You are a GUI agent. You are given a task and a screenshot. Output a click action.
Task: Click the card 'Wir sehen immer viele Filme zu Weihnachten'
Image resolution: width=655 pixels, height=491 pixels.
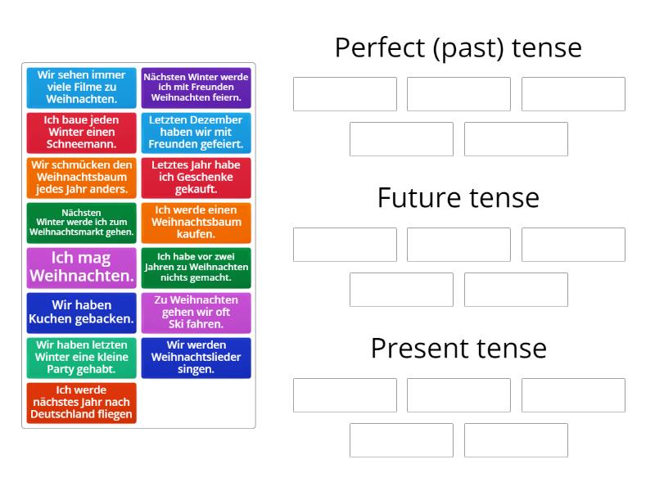pyautogui.click(x=81, y=88)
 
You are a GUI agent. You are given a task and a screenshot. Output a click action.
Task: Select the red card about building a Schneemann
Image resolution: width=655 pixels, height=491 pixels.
pyautogui.click(x=81, y=133)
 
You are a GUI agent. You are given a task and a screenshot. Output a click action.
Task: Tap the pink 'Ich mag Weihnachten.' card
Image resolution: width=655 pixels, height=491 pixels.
pyautogui.click(x=81, y=268)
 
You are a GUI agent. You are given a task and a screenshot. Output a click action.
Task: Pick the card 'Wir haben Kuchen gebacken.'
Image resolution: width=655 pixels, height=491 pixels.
pyautogui.click(x=81, y=313)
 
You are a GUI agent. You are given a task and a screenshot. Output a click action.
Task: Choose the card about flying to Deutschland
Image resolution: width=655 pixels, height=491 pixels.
pyautogui.click(x=81, y=403)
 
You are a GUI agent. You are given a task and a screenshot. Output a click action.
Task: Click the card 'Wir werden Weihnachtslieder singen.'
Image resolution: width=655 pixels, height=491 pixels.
pyautogui.click(x=196, y=358)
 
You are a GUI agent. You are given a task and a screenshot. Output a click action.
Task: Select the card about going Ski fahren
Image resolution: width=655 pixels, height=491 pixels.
pyautogui.click(x=196, y=313)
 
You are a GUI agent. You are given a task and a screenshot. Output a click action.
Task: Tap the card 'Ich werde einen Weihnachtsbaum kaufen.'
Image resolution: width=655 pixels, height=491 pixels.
pyautogui.click(x=196, y=223)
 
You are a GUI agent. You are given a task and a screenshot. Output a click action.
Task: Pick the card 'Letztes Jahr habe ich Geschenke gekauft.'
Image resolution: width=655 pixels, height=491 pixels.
pyautogui.click(x=196, y=178)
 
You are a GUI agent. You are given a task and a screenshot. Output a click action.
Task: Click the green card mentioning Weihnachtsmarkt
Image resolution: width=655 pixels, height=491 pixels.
pyautogui.click(x=81, y=223)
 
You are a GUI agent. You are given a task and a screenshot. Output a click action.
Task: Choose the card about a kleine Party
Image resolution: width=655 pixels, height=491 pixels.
pyautogui.click(x=81, y=358)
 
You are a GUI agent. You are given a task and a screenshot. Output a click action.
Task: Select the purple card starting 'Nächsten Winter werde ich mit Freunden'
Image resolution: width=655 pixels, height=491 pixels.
pyautogui.click(x=196, y=88)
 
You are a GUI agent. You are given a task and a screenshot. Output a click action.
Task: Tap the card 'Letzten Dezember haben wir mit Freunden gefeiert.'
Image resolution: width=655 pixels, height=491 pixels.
pyautogui.click(x=196, y=133)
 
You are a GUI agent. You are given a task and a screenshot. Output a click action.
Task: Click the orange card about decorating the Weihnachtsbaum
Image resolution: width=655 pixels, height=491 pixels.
pyautogui.click(x=81, y=178)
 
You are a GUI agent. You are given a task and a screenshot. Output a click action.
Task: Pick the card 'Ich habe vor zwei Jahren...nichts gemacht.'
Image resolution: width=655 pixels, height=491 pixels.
pyautogui.click(x=196, y=268)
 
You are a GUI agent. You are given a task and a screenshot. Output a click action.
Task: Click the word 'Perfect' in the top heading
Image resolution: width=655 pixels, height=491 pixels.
pyautogui.click(x=380, y=47)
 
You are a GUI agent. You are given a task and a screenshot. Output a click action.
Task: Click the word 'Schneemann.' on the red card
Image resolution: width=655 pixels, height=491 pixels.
pyautogui.click(x=81, y=145)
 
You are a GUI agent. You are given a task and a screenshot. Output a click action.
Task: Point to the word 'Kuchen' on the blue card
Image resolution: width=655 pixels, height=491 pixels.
pyautogui.click(x=51, y=319)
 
